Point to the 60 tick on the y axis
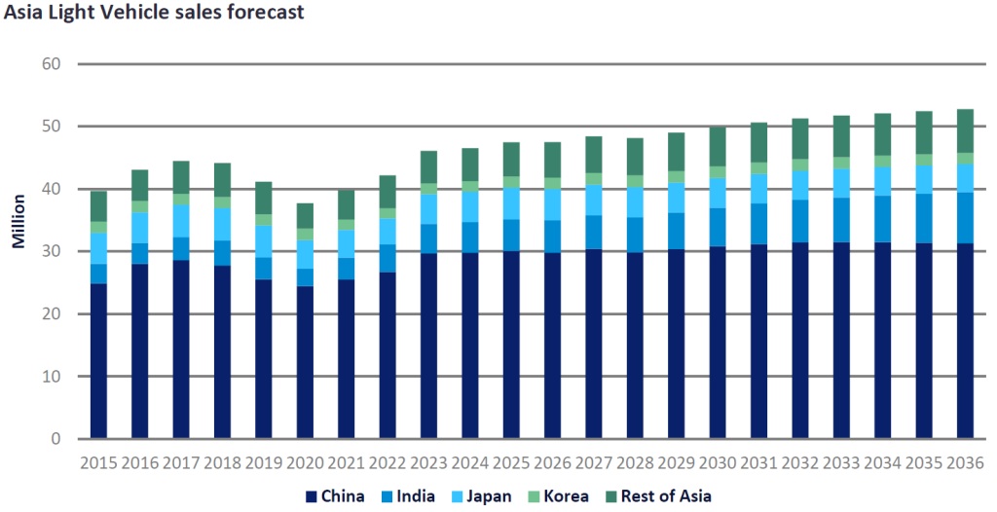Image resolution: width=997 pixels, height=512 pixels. (x=50, y=64)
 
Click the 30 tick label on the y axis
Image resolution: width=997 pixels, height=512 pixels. (x=50, y=251)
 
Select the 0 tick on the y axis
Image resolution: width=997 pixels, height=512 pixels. (x=55, y=439)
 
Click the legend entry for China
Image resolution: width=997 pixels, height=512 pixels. (x=336, y=495)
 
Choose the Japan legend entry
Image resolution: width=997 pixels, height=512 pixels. (x=480, y=495)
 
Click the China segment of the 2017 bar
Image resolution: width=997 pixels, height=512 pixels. (x=181, y=349)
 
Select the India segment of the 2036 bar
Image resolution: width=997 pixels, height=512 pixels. (x=966, y=218)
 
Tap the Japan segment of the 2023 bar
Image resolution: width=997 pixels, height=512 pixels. (x=428, y=208)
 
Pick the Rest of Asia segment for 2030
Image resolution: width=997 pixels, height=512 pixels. (x=718, y=146)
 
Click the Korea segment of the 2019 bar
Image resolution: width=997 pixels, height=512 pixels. (x=264, y=220)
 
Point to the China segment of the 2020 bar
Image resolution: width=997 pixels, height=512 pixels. (x=305, y=362)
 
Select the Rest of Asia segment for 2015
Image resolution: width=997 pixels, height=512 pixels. (x=98, y=206)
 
